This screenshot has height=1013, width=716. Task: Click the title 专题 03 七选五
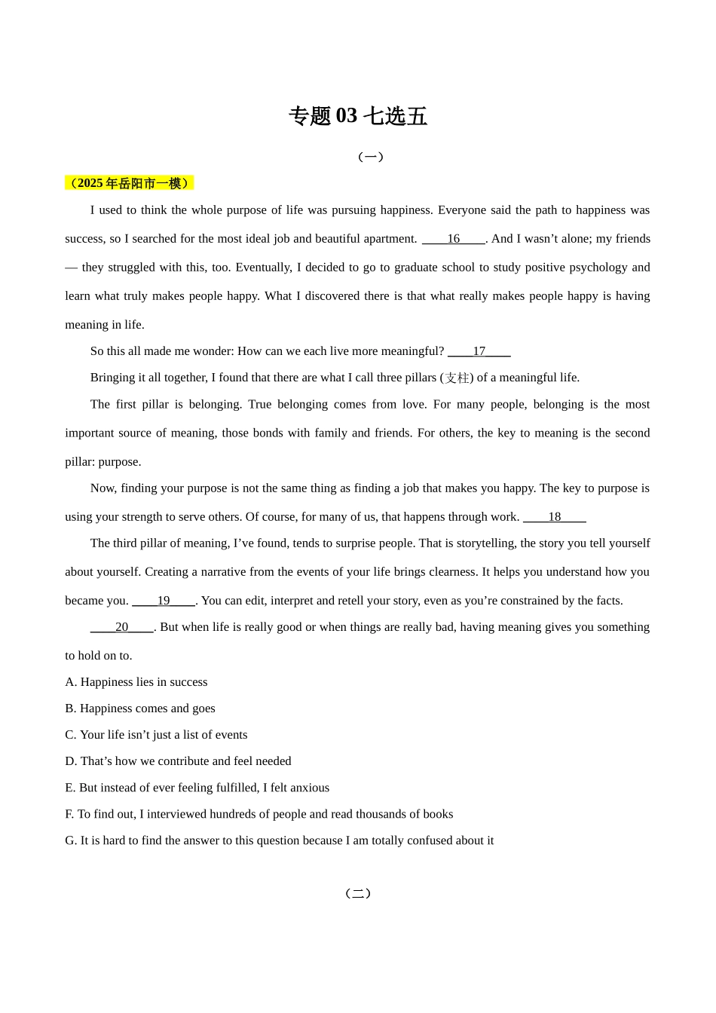coord(358,116)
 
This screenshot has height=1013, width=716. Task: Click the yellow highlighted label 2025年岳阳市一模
coord(129,183)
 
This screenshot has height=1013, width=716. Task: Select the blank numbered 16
coord(453,239)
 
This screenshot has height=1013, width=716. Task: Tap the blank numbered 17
coord(479,351)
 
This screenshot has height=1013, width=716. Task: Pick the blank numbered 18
coord(554,517)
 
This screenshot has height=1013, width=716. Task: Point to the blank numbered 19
coord(164,601)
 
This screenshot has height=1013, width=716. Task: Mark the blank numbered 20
coord(121,627)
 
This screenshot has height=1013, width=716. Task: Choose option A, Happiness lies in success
coord(136,682)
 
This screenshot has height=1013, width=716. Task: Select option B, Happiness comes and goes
coord(140,708)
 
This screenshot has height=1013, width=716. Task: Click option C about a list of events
coord(156,735)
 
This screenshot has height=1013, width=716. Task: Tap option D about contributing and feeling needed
coord(178,761)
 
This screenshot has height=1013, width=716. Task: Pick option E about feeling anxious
coord(197,788)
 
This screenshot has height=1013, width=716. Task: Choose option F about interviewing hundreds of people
coord(259,814)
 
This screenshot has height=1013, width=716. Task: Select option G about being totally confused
coord(280,840)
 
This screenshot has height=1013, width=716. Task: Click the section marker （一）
coord(371,157)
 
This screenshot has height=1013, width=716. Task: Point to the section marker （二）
coord(358,894)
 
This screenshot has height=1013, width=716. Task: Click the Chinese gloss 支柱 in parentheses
coord(457,378)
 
